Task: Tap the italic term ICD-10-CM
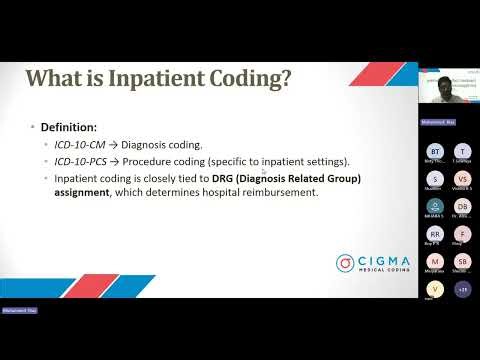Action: (81, 145)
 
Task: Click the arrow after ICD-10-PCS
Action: (118, 162)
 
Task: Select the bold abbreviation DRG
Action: (226, 178)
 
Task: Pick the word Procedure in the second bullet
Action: (153, 162)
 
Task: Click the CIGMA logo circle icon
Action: (346, 263)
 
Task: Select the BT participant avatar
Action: (434, 151)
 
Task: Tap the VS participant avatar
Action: (462, 178)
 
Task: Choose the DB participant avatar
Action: (462, 206)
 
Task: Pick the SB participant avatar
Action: (462, 261)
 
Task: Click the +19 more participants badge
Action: (462, 289)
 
